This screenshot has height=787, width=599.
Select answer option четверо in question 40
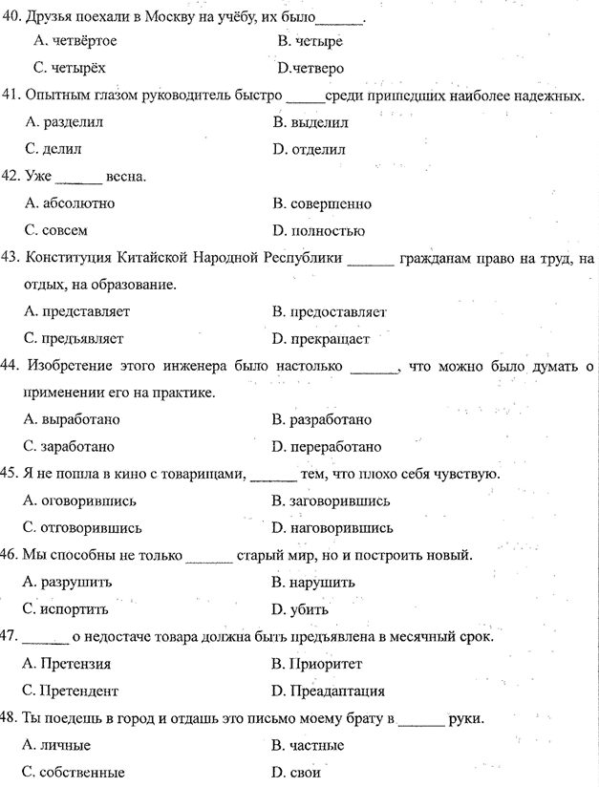pyautogui.click(x=314, y=68)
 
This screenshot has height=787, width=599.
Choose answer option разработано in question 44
pyautogui.click(x=328, y=419)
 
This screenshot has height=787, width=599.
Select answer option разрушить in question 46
pyautogui.click(x=75, y=582)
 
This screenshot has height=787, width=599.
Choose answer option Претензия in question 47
pyautogui.click(x=76, y=664)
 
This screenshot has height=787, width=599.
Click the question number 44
pyautogui.click(x=11, y=366)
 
